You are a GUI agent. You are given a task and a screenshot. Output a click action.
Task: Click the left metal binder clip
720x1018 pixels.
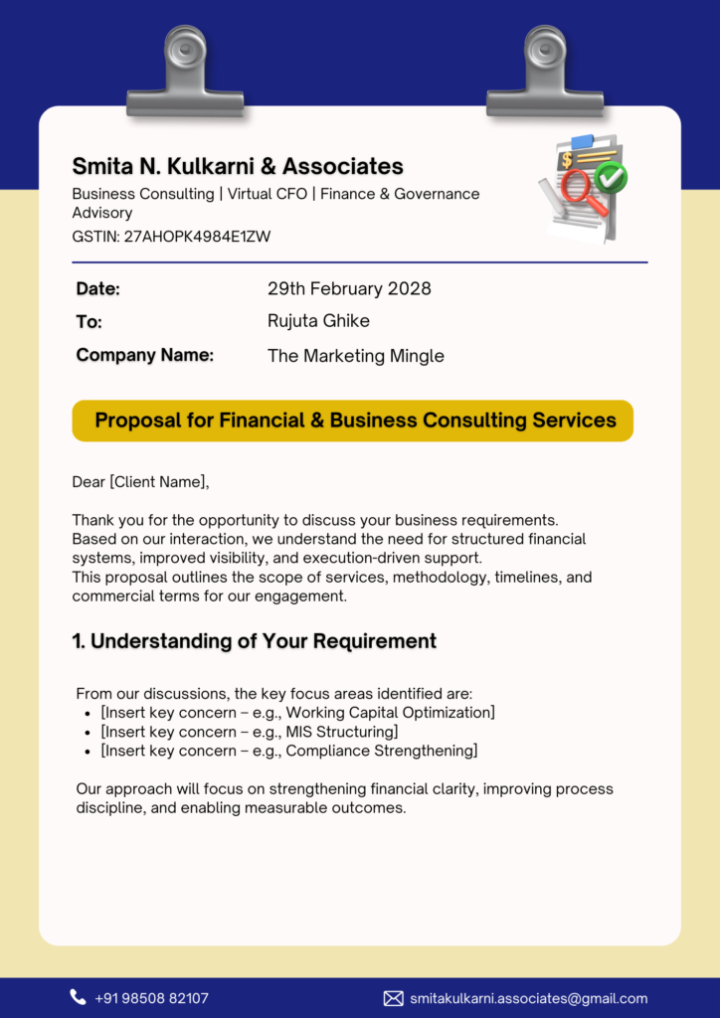point(185,74)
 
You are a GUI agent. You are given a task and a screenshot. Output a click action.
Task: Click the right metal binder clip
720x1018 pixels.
point(545,74)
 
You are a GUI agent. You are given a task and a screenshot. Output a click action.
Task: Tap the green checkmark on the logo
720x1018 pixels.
point(611,178)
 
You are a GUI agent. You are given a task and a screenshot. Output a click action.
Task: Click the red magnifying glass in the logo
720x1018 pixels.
point(580,189)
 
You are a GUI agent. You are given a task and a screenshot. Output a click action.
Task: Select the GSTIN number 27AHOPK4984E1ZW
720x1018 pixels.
point(197,237)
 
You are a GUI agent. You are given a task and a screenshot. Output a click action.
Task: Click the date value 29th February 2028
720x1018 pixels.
point(349,289)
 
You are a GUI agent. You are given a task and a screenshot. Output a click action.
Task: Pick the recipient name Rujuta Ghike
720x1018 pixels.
point(318,321)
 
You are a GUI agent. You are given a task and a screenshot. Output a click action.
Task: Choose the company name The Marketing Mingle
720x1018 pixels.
point(355,356)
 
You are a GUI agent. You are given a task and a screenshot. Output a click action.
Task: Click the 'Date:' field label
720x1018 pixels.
point(98,289)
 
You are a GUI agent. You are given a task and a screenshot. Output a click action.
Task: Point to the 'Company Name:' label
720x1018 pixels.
point(145,355)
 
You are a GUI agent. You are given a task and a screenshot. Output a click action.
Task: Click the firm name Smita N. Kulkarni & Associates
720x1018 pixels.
point(238,166)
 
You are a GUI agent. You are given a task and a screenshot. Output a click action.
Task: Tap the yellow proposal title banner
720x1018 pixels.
point(353,421)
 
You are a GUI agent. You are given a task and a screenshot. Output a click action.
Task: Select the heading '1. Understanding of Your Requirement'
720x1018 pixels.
point(254,641)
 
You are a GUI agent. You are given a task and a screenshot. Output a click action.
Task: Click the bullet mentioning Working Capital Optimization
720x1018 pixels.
point(297,713)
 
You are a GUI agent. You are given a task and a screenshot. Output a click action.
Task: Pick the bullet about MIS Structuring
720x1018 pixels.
point(249,732)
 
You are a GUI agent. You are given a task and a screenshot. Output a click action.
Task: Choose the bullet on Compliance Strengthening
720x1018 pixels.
point(288,751)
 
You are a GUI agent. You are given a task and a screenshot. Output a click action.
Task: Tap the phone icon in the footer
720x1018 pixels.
point(78,997)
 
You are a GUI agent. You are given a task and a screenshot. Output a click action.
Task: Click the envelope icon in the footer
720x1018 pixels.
point(393,998)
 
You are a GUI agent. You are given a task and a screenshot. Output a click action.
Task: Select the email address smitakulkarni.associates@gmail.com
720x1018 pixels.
point(528,998)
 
